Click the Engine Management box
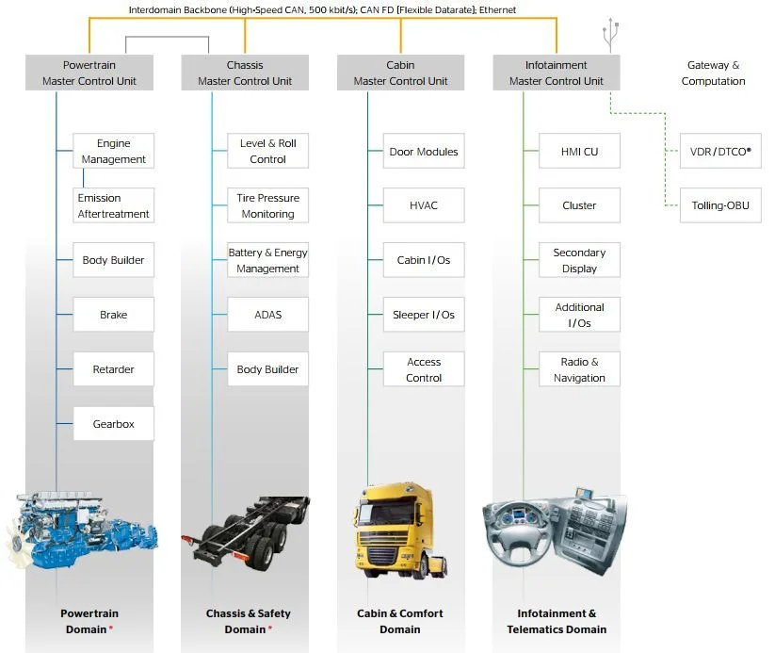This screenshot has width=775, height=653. (113, 151)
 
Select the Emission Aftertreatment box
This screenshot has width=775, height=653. (113, 205)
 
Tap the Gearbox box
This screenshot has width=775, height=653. (113, 424)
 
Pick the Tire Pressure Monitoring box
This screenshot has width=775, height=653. (267, 205)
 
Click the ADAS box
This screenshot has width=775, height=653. (267, 315)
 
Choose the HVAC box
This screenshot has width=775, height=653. (424, 205)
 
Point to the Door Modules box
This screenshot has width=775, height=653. (424, 151)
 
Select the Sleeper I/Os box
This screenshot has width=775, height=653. (424, 315)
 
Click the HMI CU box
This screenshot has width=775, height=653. (579, 151)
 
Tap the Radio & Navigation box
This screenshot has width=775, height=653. (579, 369)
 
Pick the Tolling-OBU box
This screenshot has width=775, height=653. (720, 205)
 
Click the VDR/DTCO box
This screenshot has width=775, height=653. (720, 151)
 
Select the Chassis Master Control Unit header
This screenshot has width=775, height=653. (245, 73)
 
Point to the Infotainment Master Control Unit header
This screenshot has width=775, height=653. (557, 73)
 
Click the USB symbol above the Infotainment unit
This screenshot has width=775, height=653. (611, 35)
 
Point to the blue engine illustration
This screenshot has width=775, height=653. (82, 530)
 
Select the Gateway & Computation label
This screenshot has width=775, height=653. (713, 73)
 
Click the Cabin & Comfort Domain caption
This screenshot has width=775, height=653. (400, 621)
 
